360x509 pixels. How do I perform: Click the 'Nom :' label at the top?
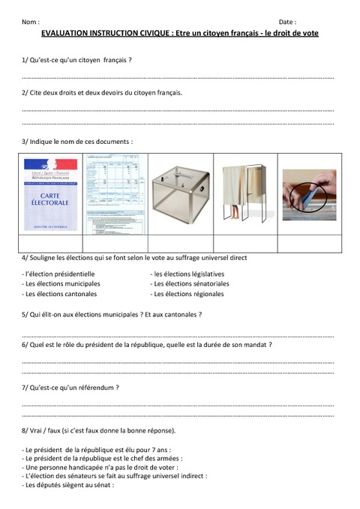[x=31, y=23]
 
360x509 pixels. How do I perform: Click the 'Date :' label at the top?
[x=288, y=23]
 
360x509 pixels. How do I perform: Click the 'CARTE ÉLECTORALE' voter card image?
[x=52, y=194]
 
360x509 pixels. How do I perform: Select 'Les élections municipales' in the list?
[x=61, y=284]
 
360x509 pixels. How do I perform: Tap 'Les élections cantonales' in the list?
[x=60, y=295]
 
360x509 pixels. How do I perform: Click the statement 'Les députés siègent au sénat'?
[x=68, y=485]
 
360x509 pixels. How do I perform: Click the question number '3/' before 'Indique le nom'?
[x=25, y=141]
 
